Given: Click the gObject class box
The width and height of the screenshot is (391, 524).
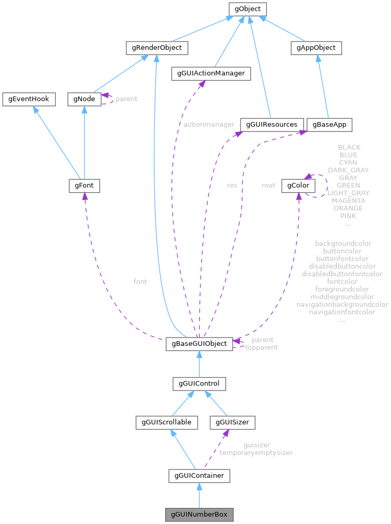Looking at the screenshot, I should tap(248, 9).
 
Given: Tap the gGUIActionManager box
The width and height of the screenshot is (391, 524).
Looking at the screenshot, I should tap(211, 74).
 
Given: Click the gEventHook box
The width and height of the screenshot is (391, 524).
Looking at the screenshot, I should tap(29, 99).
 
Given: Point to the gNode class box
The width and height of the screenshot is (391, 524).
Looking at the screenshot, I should tap(84, 99).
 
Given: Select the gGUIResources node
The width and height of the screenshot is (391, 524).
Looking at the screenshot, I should tap(272, 125).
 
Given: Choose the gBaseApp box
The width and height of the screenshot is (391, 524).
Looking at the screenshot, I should tap(330, 125).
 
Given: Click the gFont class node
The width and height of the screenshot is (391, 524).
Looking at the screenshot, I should tap(84, 185).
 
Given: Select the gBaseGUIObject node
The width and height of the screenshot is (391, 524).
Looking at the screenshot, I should tap(199, 344).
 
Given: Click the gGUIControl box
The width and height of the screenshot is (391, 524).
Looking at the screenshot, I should tap(199, 384).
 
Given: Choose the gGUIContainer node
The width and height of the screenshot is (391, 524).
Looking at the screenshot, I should tap(199, 475).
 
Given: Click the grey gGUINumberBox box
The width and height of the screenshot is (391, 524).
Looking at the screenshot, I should tap(199, 515).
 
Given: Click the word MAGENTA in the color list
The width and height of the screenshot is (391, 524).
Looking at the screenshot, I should tap(348, 200).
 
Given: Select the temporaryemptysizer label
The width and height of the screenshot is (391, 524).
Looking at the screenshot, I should tap(256, 453).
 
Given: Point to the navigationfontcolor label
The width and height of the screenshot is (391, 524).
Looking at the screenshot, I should tap(342, 312).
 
